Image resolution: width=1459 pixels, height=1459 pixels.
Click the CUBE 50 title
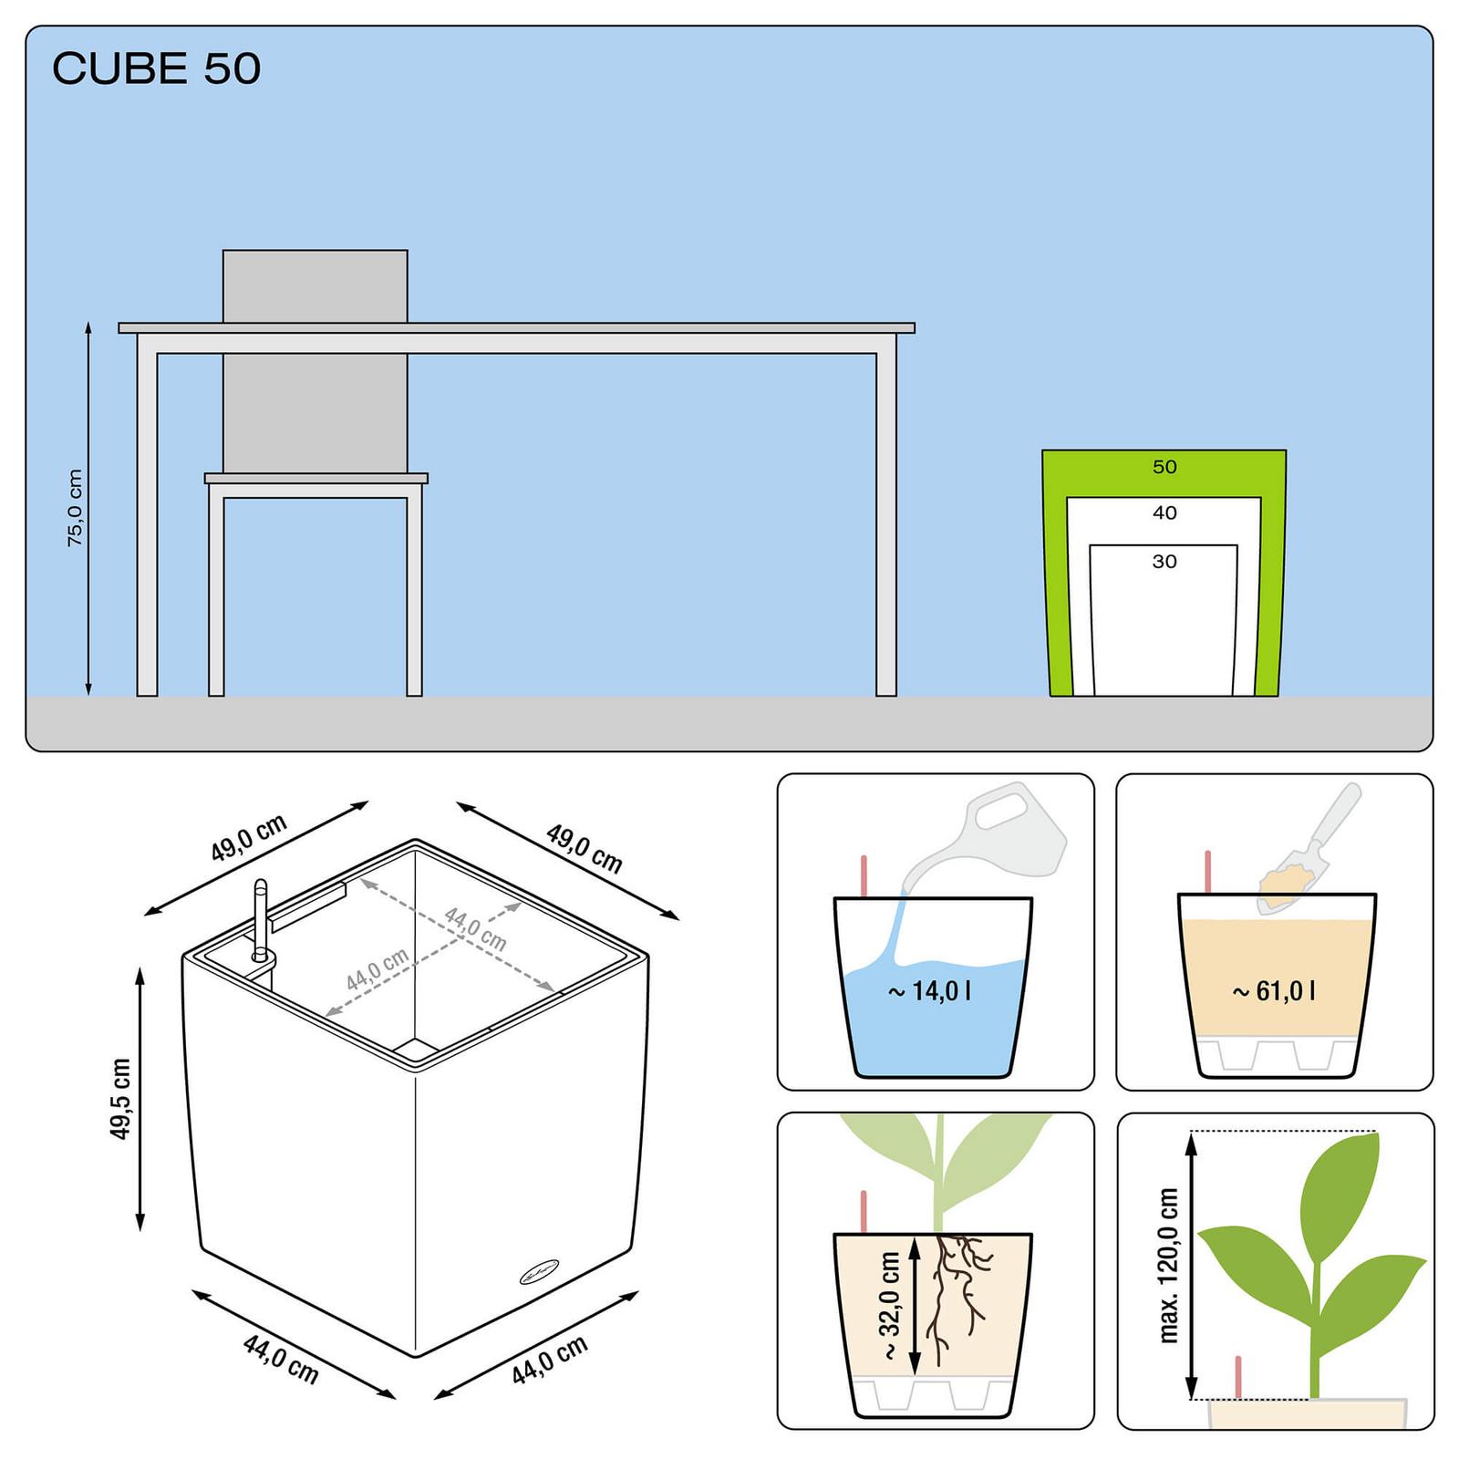(x=156, y=69)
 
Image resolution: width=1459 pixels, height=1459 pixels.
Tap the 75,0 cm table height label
(x=75, y=508)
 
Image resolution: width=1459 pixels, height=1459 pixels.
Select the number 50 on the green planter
(x=1164, y=467)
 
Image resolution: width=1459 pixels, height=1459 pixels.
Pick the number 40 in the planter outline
(x=1164, y=513)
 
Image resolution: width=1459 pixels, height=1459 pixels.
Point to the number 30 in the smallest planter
(x=1164, y=562)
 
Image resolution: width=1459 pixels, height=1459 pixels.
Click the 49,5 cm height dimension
(x=120, y=1099)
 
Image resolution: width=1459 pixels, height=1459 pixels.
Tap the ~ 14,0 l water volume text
(x=930, y=990)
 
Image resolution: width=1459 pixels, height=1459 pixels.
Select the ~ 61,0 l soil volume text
(x=1274, y=990)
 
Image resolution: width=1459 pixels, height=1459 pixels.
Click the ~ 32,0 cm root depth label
(x=890, y=1306)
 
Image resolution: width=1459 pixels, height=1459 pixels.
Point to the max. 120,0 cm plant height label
(x=1168, y=1266)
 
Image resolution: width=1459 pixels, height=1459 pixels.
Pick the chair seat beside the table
(x=316, y=478)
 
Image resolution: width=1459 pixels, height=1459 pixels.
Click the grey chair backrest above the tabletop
(x=316, y=285)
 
